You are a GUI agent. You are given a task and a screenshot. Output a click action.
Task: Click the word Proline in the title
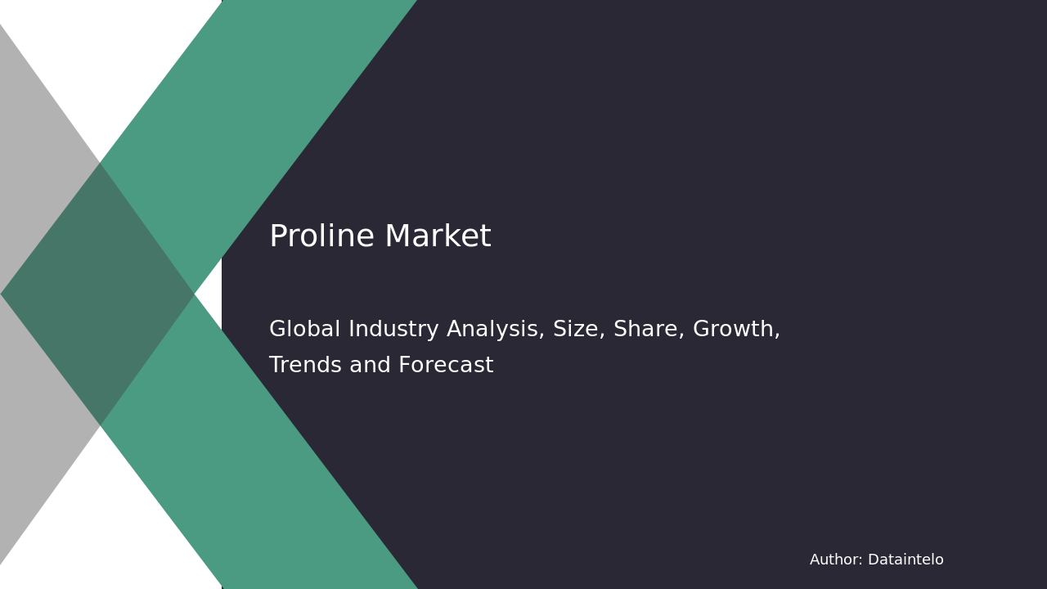[321, 237]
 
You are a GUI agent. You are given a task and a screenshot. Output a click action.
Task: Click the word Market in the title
[438, 237]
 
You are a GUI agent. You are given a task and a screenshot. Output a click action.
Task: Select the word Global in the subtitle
[305, 330]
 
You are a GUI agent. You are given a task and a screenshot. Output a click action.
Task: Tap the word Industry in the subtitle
[394, 330]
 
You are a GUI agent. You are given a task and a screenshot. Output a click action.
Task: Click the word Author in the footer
[835, 560]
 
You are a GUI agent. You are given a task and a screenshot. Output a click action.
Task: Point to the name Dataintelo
[905, 560]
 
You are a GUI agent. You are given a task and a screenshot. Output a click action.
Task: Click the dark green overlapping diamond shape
[97, 294]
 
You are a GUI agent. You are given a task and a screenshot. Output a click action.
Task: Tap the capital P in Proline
[278, 237]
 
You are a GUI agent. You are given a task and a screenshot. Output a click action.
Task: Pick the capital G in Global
[278, 330]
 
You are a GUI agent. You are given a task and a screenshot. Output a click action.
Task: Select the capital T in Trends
[276, 366]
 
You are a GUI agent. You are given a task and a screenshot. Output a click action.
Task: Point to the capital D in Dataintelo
[873, 560]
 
